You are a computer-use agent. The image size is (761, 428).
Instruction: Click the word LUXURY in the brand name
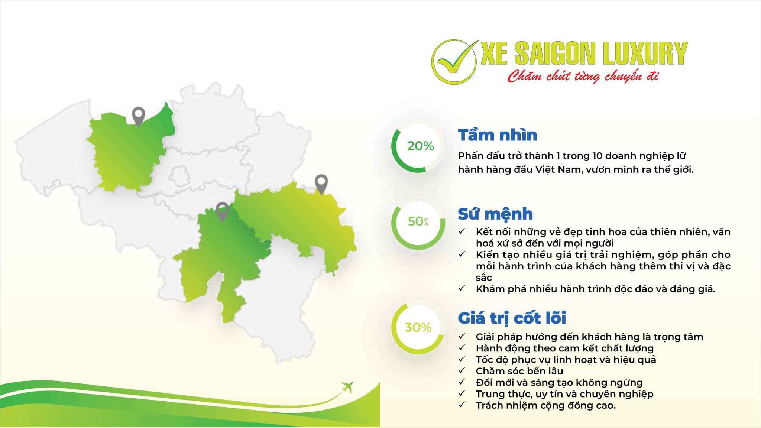tap(645, 53)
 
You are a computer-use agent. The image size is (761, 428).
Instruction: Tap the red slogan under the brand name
tap(583, 76)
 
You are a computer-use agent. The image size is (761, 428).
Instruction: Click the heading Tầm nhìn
tap(498, 135)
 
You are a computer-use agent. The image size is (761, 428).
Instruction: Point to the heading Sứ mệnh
tap(495, 214)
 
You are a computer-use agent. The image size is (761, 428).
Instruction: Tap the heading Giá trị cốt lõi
tap(512, 318)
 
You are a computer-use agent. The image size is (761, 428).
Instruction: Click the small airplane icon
tap(347, 387)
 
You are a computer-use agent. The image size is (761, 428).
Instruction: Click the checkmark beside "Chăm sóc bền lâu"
tap(462, 370)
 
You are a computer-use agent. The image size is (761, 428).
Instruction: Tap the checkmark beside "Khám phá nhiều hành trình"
tap(462, 288)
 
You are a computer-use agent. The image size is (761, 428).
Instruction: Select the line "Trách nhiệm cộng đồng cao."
tap(546, 405)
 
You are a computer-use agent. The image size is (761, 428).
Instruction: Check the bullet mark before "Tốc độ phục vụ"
tap(462, 359)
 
